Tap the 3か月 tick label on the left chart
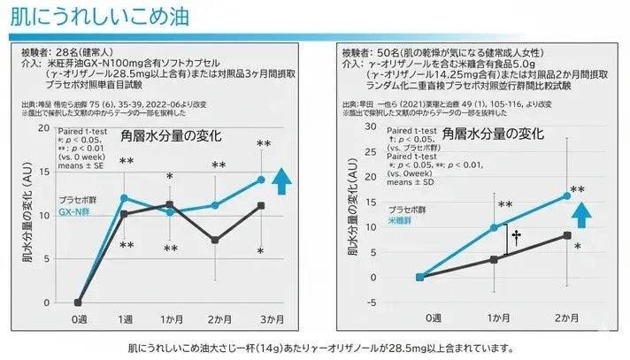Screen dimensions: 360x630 tap(260, 318)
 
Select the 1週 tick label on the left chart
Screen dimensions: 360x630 tap(125, 318)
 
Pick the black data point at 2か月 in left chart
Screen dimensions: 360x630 tap(216, 240)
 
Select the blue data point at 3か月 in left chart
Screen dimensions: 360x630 tap(261, 180)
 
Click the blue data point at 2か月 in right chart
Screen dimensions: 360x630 tap(566, 195)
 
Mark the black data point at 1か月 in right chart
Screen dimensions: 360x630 tap(494, 260)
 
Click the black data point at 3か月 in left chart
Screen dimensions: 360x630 tap(261, 205)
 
